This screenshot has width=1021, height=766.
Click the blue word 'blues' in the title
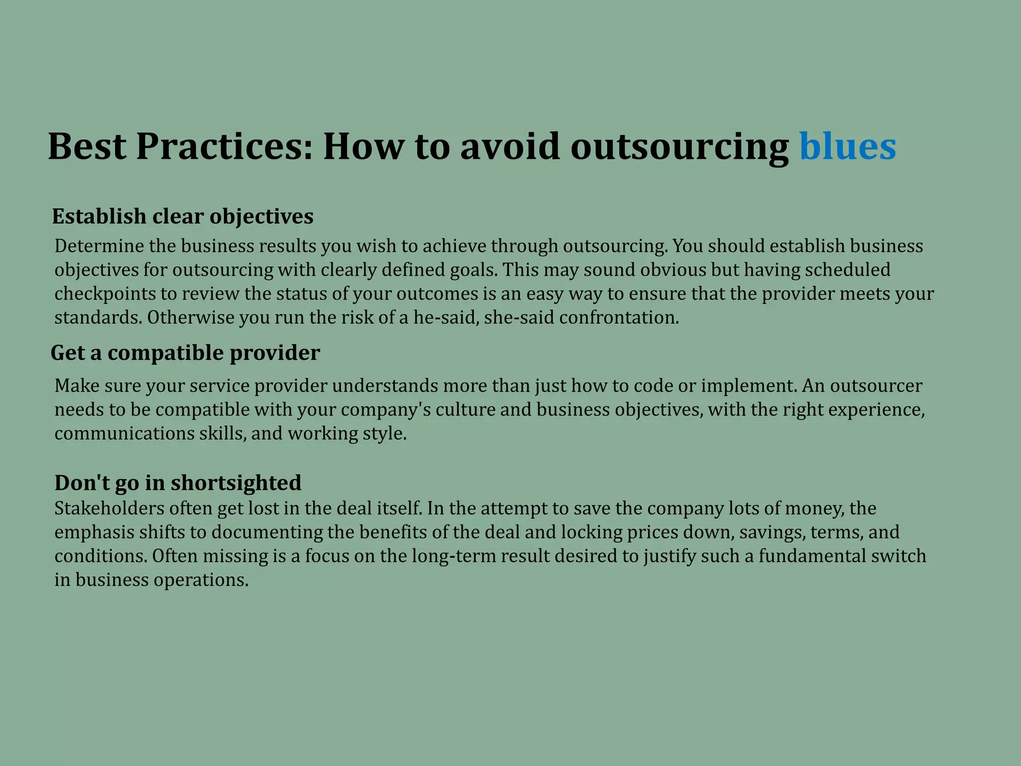point(848,147)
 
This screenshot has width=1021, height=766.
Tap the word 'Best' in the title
point(87,147)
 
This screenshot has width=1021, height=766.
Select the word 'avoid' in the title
point(510,147)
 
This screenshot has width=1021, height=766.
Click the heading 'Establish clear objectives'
point(182,216)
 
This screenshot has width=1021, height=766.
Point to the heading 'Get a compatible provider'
point(185,353)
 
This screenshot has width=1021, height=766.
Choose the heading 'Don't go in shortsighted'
point(178,483)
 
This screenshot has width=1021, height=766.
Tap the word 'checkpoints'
point(105,294)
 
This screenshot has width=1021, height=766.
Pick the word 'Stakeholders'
point(109,508)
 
